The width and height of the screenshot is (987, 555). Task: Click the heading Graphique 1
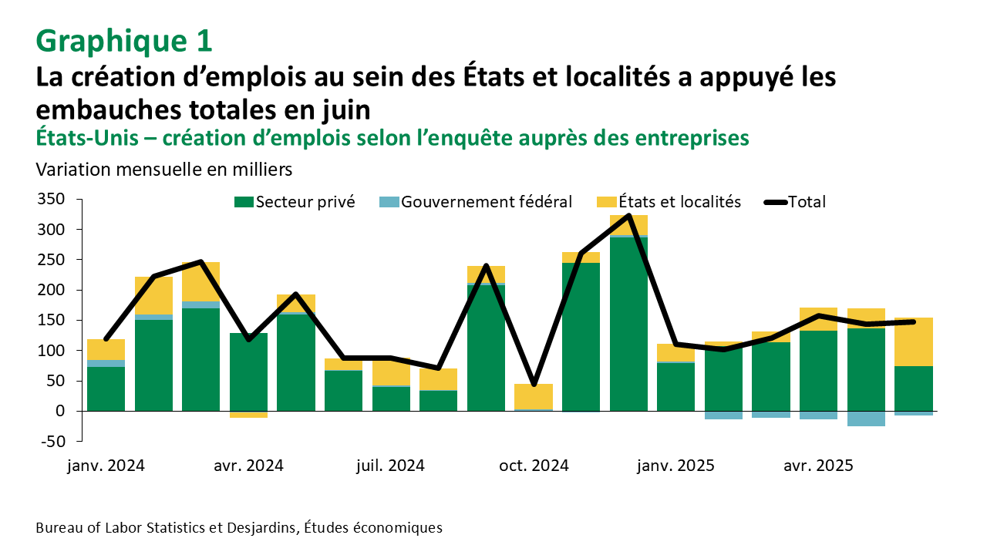123,41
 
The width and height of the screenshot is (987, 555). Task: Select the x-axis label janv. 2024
106,466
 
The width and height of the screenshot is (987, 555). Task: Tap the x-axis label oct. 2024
534,466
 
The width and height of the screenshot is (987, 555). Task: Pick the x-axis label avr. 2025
818,466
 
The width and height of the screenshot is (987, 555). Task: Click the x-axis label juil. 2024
391,466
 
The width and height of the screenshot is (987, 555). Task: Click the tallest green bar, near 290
628,324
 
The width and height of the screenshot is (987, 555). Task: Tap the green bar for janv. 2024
106,389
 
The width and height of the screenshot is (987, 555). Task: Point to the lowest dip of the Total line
534,384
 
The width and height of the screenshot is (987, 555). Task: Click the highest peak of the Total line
628,216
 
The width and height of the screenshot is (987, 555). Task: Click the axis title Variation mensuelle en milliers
163,167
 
